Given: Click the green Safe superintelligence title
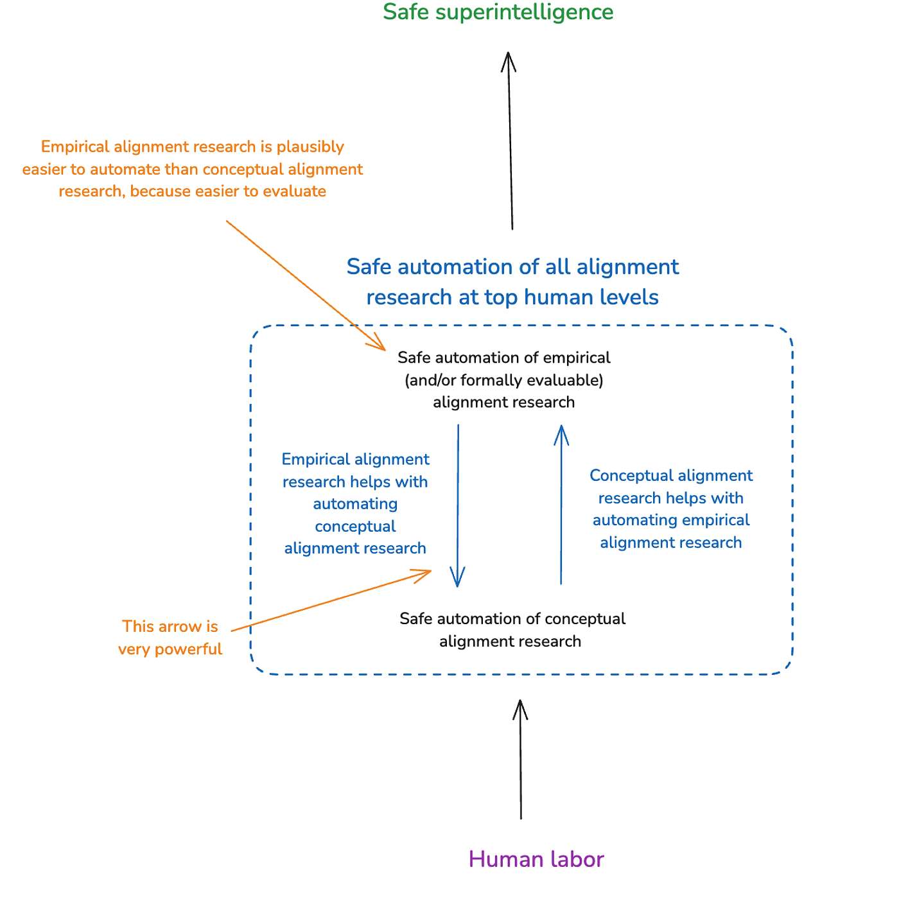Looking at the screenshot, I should click(x=498, y=12).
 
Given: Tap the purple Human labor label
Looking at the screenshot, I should click(x=536, y=859).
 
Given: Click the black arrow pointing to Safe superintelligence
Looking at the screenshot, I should click(x=511, y=141).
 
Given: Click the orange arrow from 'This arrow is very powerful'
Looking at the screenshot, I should click(x=331, y=600).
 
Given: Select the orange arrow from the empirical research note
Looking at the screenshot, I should click(x=305, y=285).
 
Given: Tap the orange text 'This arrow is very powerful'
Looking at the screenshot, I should click(x=170, y=638).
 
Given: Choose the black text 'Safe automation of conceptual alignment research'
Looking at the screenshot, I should click(x=512, y=630).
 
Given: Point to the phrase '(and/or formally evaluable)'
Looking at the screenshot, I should click(x=504, y=380).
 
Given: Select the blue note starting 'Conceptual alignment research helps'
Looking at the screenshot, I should click(x=671, y=509).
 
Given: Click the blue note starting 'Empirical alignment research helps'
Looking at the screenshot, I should click(x=355, y=503).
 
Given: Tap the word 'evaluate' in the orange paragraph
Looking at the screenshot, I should click(x=295, y=191).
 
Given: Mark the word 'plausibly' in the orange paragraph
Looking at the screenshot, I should click(x=310, y=147).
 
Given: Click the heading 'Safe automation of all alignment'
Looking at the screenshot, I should click(x=512, y=267).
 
